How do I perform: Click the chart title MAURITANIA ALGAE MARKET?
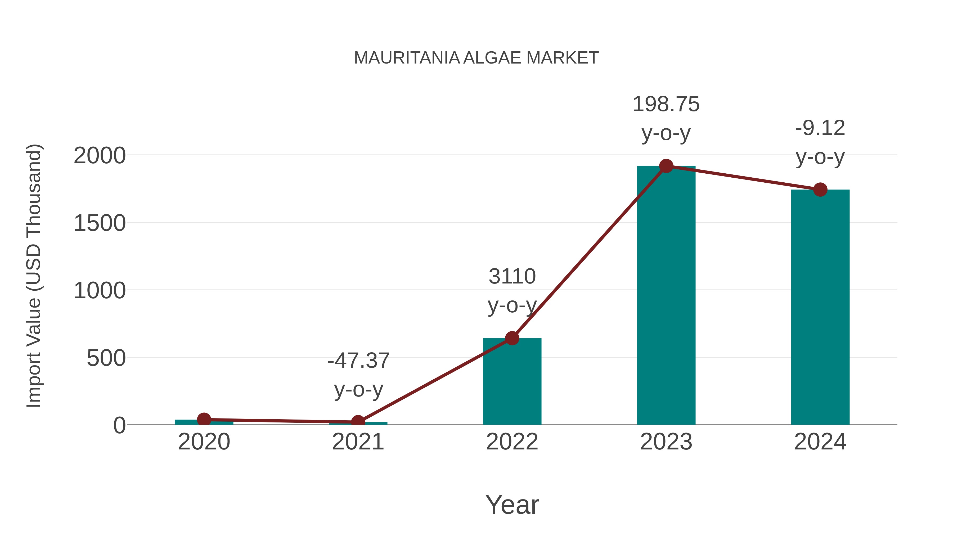[x=476, y=58]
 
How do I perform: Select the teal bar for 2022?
[x=512, y=385]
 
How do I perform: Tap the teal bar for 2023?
[x=666, y=296]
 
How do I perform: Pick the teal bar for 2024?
[x=820, y=307]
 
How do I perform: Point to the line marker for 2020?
[x=204, y=420]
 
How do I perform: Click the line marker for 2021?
[x=358, y=422]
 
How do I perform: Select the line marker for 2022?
[x=512, y=338]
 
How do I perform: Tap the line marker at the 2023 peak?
[x=666, y=166]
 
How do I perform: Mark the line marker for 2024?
[x=820, y=190]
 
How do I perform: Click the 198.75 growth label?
[x=666, y=104]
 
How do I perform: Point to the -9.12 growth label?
[x=820, y=129]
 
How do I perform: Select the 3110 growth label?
[x=512, y=277]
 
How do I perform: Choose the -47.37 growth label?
[x=358, y=361]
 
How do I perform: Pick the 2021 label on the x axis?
[x=358, y=442]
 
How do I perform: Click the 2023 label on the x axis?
[x=666, y=442]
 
